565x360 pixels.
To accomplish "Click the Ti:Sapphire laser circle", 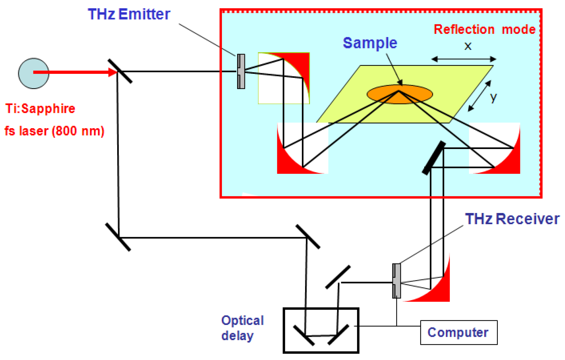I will tap(33, 73).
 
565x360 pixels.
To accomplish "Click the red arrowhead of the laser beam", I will tap(113, 72).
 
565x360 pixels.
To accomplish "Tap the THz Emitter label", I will tap(129, 14).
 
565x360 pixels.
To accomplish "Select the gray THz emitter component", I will tap(241, 72).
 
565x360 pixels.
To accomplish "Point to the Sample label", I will tap(370, 43).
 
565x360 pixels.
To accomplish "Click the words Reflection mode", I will tap(485, 29).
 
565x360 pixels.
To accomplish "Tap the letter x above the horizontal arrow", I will tap(468, 46).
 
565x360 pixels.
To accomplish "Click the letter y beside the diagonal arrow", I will tap(493, 97).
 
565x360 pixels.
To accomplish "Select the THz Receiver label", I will tap(512, 219).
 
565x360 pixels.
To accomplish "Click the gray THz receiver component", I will tap(396, 281).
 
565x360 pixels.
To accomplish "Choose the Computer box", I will tap(459, 333).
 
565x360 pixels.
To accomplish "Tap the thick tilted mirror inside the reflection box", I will tap(434, 158).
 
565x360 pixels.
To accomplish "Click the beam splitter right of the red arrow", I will tap(120, 71).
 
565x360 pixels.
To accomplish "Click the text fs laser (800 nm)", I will tap(54, 131).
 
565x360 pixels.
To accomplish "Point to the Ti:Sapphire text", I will tap(40, 109).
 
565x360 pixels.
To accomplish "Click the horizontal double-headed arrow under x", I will tap(464, 59).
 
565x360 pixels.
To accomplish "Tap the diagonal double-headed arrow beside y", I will tap(479, 96).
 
